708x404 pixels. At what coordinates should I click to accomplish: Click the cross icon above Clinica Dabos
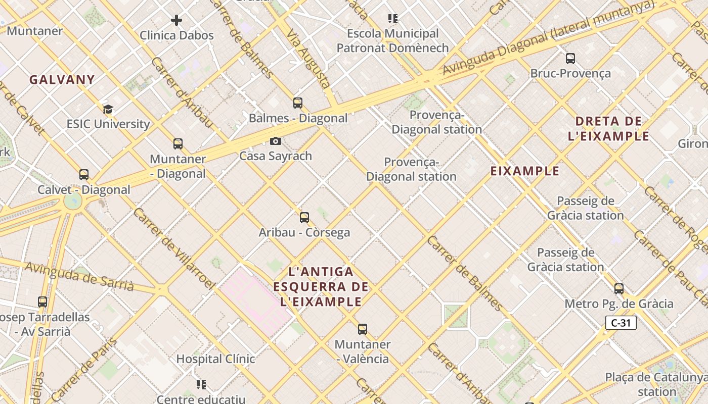(176, 20)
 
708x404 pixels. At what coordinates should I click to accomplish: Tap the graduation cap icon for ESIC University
(108, 109)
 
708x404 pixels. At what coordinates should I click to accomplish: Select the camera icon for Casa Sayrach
(276, 141)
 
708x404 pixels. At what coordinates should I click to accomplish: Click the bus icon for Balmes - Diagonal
(298, 103)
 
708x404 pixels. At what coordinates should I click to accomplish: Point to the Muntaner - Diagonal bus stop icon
(178, 144)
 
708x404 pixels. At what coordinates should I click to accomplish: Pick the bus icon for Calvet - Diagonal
(84, 175)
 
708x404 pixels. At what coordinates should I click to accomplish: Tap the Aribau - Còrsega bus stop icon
(304, 218)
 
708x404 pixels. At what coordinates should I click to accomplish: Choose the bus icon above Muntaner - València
(363, 329)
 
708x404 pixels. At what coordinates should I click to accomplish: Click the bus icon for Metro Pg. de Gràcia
(619, 289)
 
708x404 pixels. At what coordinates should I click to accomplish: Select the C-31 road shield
(621, 323)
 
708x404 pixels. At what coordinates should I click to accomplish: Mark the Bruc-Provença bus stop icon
(570, 59)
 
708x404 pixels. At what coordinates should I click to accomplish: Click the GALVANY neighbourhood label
(62, 79)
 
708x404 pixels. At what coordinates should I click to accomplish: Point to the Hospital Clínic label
(215, 359)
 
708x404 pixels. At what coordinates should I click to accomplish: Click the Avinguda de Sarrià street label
(79, 276)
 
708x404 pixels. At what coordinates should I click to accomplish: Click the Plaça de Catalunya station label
(656, 384)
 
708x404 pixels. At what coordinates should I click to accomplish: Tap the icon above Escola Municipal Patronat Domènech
(393, 19)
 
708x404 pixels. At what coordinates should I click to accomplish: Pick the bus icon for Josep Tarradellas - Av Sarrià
(42, 302)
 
